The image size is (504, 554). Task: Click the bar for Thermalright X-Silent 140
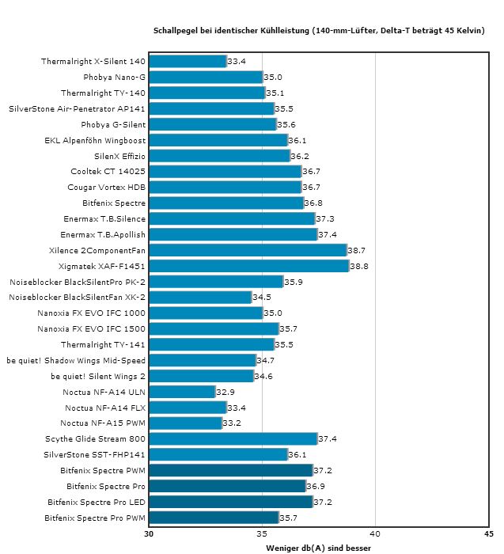[x=188, y=61]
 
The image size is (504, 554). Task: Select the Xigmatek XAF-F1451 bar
[x=248, y=266]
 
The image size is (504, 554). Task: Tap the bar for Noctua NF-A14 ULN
[x=182, y=392]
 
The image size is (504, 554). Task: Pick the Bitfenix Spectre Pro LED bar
[x=230, y=502]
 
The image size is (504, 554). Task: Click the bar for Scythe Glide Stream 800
[x=233, y=438]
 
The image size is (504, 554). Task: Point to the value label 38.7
[x=358, y=250]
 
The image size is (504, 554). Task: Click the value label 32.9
[x=225, y=392]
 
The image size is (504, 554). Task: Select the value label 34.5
[x=262, y=298]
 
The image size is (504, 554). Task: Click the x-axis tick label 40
[x=376, y=533]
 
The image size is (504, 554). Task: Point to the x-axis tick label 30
[x=149, y=533]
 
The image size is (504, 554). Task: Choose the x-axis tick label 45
[x=489, y=533]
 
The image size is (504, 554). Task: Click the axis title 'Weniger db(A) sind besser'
[x=319, y=547]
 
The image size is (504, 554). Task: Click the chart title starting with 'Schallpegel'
[x=319, y=30]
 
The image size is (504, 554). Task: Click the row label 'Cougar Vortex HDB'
[x=106, y=187]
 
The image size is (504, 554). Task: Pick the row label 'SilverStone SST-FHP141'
[x=95, y=454]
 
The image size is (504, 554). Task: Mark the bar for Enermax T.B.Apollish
[x=233, y=234]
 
